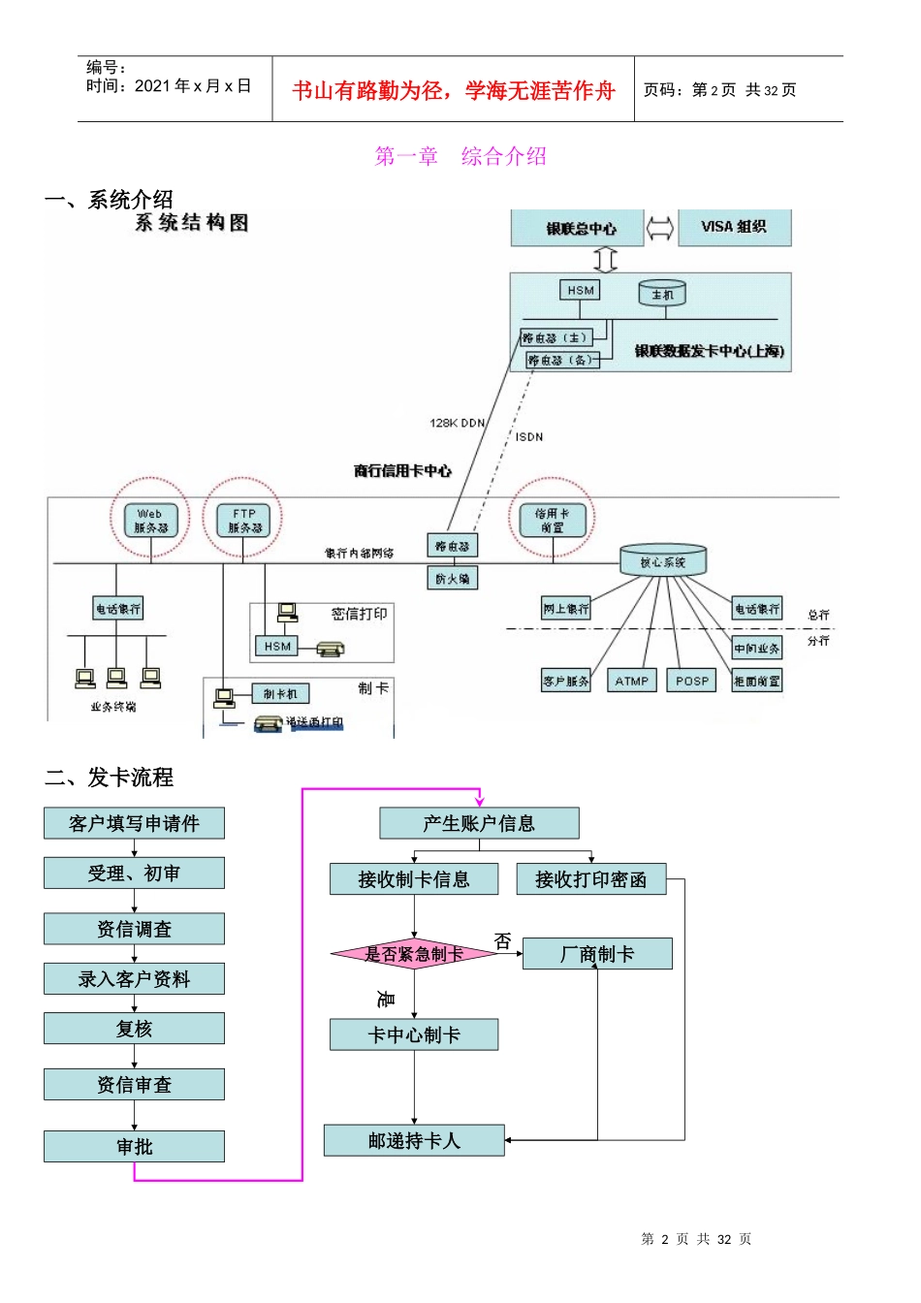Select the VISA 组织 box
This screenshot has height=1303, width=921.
734,227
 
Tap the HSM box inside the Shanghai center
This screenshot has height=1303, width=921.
581,290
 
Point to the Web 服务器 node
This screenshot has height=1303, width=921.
150,521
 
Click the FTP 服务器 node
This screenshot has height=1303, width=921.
244,521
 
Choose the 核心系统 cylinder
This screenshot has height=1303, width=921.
663,560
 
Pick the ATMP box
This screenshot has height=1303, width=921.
631,681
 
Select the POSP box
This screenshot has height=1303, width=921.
692,681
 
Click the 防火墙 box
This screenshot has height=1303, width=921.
452,579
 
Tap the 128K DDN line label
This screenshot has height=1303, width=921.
458,423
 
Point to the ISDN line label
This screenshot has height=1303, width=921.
529,437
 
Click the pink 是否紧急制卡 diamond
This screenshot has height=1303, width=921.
414,954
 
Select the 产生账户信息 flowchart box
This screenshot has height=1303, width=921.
479,823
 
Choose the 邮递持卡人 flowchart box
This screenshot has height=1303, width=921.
414,1140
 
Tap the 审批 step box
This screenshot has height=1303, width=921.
134,1146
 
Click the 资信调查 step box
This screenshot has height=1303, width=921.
134,929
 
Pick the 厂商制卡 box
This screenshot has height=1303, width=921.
597,954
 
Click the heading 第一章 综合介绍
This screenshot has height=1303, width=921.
460,156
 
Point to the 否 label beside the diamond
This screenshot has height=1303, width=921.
502,940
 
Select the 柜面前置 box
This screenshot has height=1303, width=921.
756,681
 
